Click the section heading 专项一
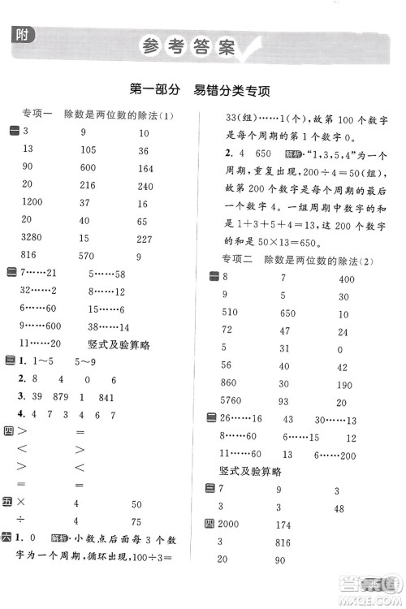click(37, 115)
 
